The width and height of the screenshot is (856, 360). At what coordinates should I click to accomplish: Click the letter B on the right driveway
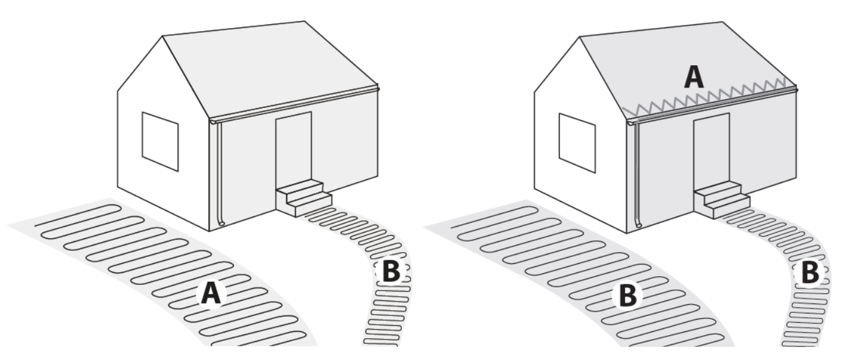click(x=629, y=296)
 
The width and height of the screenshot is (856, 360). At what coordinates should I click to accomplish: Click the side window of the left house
click(x=160, y=141)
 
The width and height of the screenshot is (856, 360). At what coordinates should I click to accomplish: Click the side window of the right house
click(x=577, y=142)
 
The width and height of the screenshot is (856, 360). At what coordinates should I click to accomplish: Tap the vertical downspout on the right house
click(x=637, y=177)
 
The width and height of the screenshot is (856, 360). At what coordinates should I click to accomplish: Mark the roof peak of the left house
click(x=163, y=35)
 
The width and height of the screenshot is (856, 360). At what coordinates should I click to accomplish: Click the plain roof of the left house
click(x=273, y=62)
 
